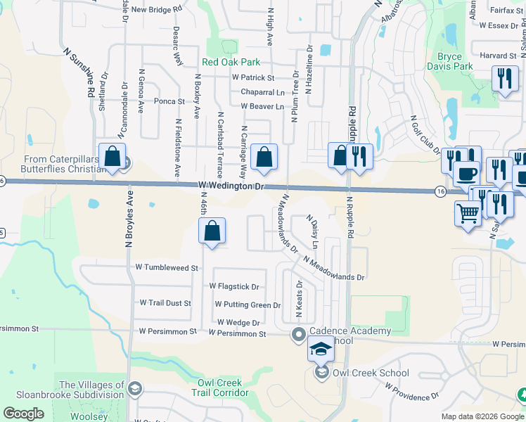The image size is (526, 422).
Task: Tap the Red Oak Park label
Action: click(x=231, y=62)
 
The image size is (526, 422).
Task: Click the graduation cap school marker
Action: click(x=320, y=348)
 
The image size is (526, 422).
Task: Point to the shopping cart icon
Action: click(x=468, y=212)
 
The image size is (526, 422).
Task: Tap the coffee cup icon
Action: click(x=466, y=173)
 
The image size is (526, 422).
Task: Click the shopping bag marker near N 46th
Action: click(x=212, y=232)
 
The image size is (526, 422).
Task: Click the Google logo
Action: click(x=23, y=414)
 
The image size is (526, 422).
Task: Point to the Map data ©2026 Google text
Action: click(x=482, y=416)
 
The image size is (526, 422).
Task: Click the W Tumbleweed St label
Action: click(x=167, y=268)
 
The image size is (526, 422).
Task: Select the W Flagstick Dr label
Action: click(x=234, y=287)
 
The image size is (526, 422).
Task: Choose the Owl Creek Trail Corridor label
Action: click(x=219, y=388)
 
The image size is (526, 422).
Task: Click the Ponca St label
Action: click(x=169, y=101)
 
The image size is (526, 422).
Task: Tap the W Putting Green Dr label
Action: click(x=248, y=305)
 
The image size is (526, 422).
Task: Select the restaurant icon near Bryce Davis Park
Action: click(x=503, y=79)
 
